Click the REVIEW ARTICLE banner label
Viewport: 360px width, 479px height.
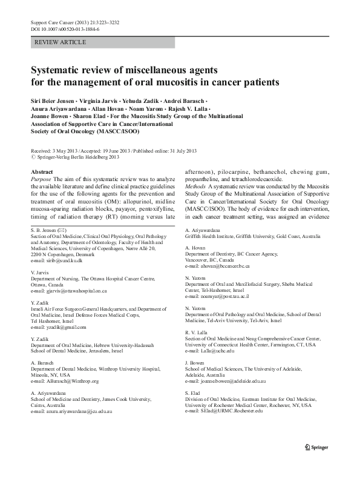click(61, 42)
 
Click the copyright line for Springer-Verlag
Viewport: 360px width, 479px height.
click(71, 156)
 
